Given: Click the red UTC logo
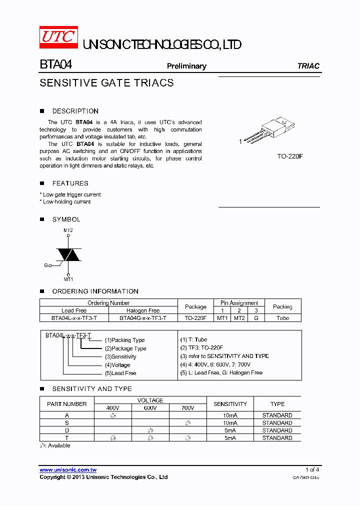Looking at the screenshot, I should pyautogui.click(x=58, y=38).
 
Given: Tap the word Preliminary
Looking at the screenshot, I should pyautogui.click(x=186, y=66).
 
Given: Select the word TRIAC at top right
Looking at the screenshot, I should pyautogui.click(x=308, y=66).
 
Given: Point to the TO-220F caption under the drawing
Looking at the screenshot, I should pyautogui.click(x=290, y=156).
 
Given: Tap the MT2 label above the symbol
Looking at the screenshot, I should pyautogui.click(x=68, y=230).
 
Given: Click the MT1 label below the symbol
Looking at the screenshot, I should pyautogui.click(x=68, y=279).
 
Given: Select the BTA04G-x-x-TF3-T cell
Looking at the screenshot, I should pyautogui.click(x=142, y=318).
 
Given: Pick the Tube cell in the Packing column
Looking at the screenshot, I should pyautogui.click(x=282, y=318).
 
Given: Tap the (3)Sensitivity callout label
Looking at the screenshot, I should pyautogui.click(x=120, y=356).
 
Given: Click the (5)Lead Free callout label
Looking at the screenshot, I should pyautogui.click(x=120, y=373).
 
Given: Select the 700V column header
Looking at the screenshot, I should pyautogui.click(x=187, y=408).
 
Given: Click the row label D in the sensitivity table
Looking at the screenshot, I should pyautogui.click(x=67, y=430).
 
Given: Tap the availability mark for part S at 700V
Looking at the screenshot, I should pyautogui.click(x=187, y=423).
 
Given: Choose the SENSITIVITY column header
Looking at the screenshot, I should pyautogui.click(x=230, y=404).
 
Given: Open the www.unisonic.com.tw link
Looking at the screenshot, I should pyautogui.click(x=68, y=470).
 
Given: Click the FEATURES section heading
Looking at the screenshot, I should pyautogui.click(x=70, y=183).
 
